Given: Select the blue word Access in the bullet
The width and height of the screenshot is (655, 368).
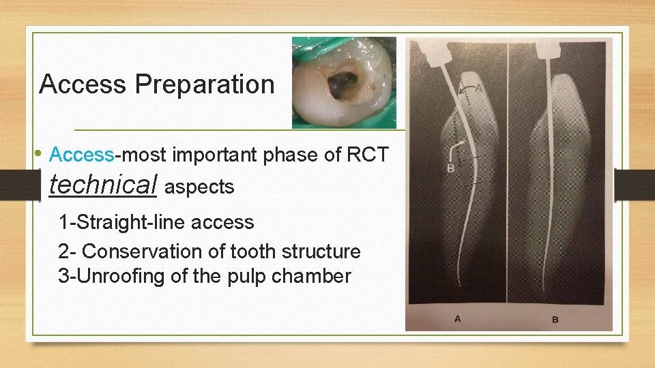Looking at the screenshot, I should point(82,155).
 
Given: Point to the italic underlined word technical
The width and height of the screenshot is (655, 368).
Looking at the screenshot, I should point(104,185).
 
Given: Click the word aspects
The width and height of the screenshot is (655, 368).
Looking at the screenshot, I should point(199,187).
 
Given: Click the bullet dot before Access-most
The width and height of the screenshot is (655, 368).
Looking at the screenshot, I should point(41,152).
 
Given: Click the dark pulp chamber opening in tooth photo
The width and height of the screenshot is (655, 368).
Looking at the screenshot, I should point(343,85).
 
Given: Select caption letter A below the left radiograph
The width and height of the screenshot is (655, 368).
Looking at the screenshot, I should point(457,318).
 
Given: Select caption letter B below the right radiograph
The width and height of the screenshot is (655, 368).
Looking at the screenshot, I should point(555,318).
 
